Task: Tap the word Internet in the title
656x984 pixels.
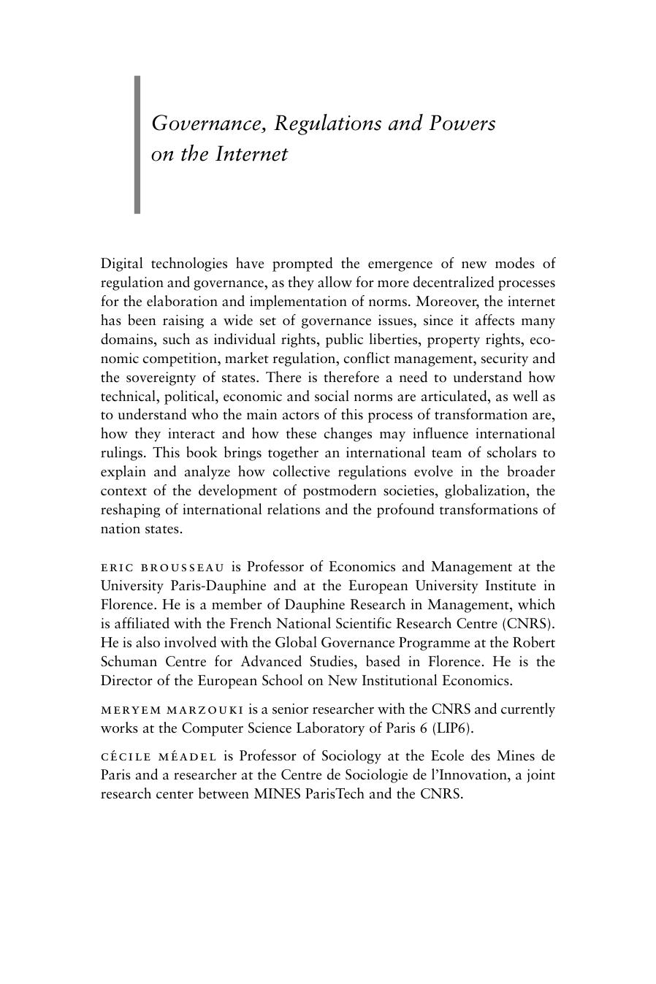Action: pyautogui.click(x=251, y=154)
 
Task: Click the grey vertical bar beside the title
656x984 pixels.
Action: pyautogui.click(x=137, y=145)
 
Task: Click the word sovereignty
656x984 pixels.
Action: pyautogui.click(x=159, y=378)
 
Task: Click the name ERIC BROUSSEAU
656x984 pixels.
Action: pyautogui.click(x=163, y=568)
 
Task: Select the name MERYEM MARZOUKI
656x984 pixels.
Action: pyautogui.click(x=172, y=710)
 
